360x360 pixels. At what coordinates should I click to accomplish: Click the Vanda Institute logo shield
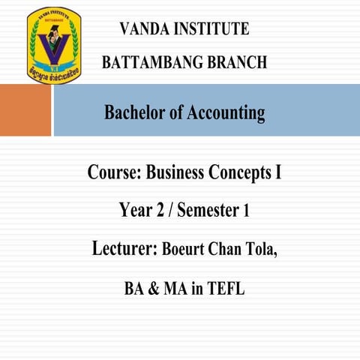pos(54,45)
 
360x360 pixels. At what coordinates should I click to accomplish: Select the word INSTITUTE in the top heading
pos(214,29)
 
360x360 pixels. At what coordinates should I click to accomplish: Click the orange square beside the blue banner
pos(25,109)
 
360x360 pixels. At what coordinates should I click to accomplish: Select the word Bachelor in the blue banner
pos(134,113)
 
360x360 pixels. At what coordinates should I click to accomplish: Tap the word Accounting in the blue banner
pos(229,113)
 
